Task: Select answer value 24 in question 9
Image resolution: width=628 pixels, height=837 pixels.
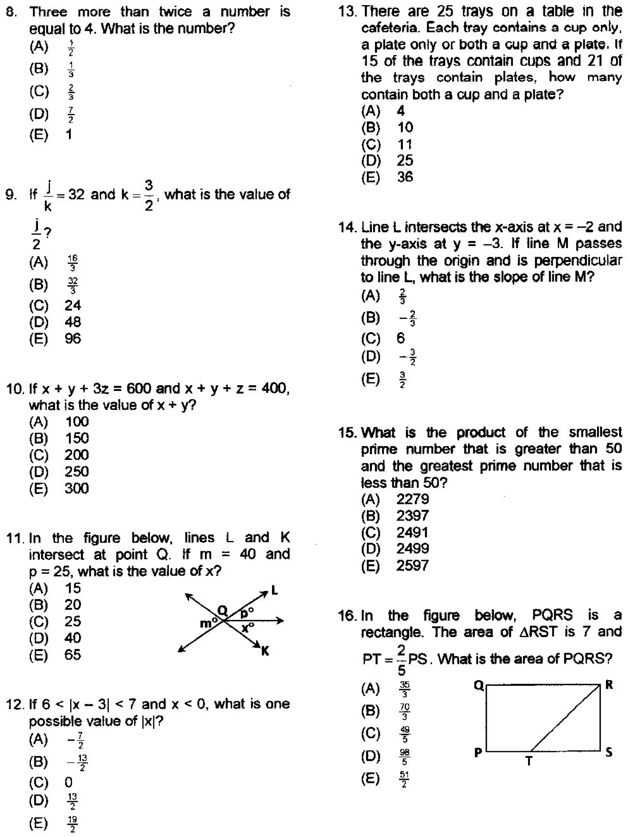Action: [73, 305]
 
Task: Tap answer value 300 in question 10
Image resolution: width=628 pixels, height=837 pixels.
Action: [76, 488]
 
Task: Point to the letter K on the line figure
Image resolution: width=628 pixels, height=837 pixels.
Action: [265, 651]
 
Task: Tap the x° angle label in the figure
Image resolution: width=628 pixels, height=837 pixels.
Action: [248, 628]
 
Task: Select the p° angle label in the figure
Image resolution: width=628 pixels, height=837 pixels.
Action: [247, 612]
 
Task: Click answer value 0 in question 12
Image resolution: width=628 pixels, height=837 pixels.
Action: [68, 782]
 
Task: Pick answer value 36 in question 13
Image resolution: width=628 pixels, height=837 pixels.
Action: [405, 177]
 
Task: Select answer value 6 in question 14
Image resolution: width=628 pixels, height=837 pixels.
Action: [401, 338]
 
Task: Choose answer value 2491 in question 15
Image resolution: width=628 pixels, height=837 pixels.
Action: [412, 532]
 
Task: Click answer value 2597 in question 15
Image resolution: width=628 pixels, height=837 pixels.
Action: [412, 565]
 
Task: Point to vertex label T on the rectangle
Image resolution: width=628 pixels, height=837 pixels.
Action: [529, 761]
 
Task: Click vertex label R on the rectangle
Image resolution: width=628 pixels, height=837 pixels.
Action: [609, 685]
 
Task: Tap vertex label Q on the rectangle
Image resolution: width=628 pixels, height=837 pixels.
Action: [479, 685]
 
